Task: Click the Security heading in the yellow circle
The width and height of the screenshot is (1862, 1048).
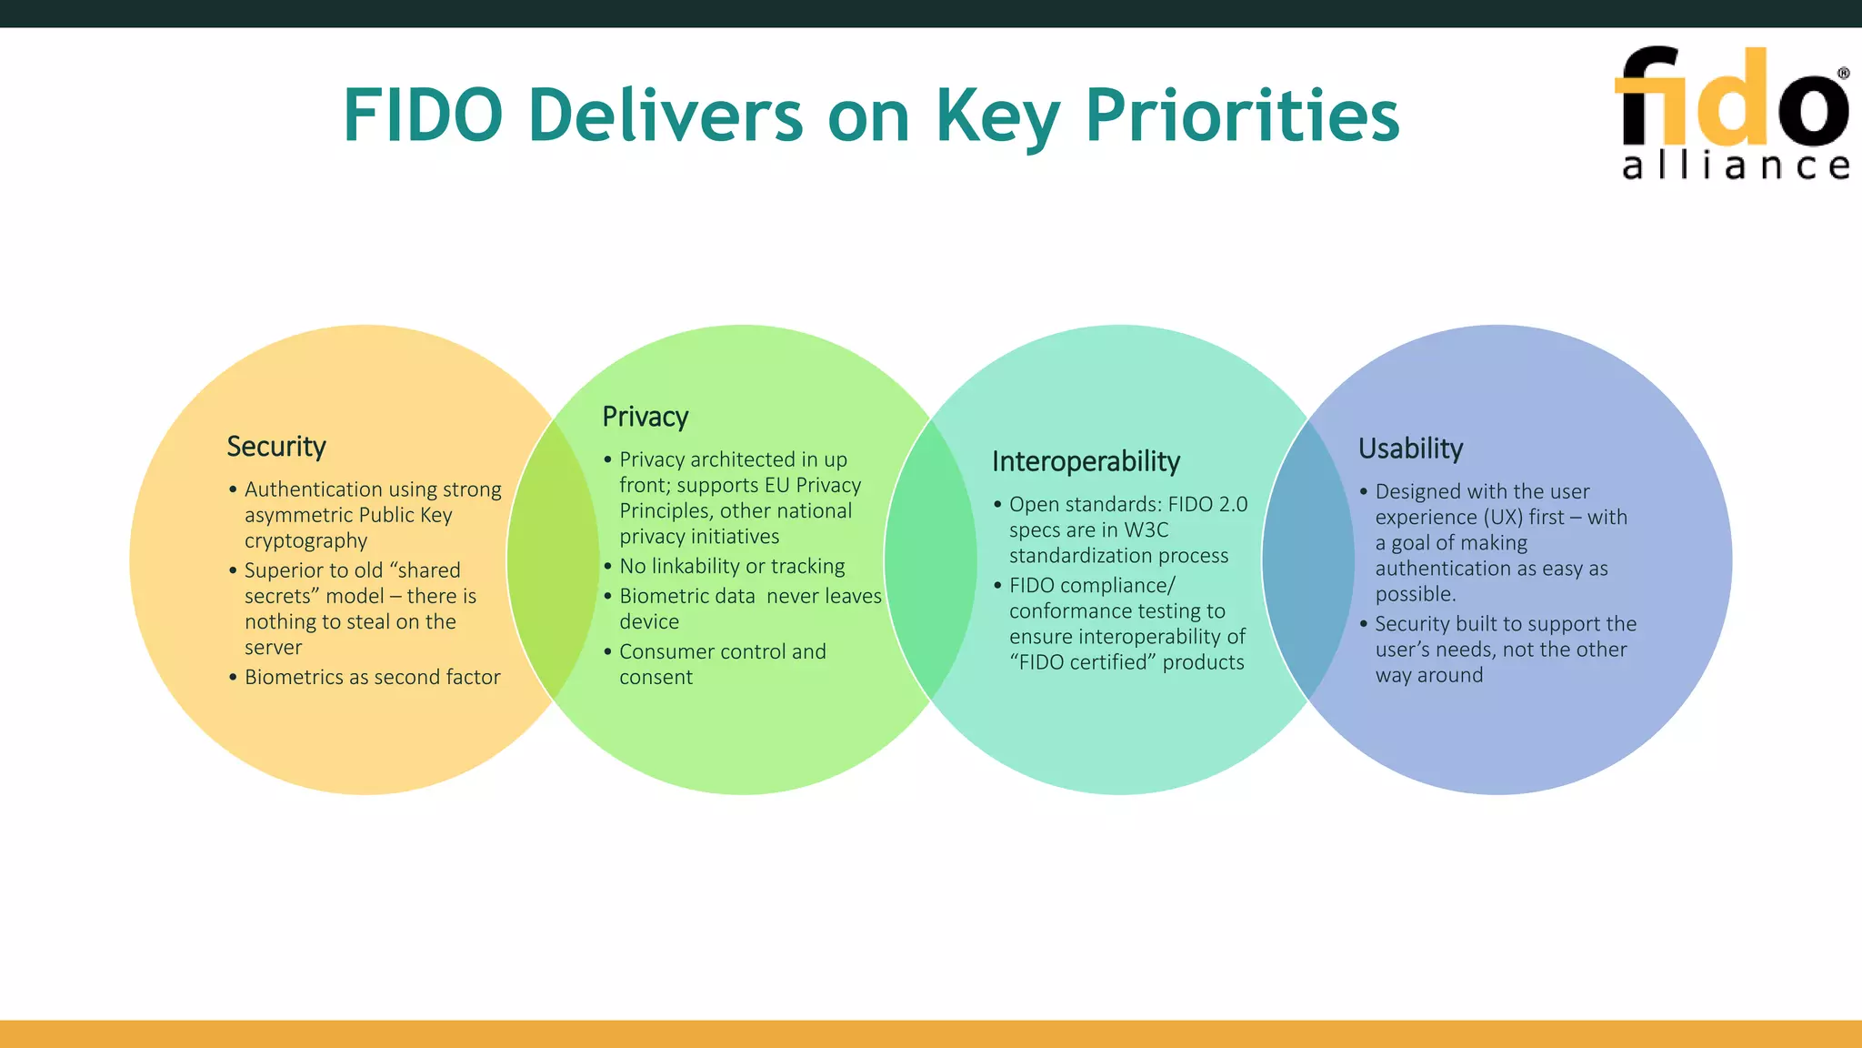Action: click(x=275, y=447)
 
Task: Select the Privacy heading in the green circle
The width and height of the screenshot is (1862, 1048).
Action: click(x=645, y=417)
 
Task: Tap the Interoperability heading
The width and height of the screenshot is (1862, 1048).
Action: click(x=1086, y=461)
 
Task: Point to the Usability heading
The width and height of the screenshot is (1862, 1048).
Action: click(x=1410, y=448)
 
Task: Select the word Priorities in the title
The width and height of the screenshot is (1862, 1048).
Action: click(x=1242, y=116)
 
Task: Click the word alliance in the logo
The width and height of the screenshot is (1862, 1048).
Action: click(x=1735, y=166)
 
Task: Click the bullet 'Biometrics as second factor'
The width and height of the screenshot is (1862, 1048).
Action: click(x=372, y=677)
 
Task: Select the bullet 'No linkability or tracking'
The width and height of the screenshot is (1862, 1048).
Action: click(x=732, y=566)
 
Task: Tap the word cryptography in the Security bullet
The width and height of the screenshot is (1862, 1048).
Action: click(x=305, y=540)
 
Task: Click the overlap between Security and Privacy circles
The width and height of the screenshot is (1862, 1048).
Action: click(x=553, y=559)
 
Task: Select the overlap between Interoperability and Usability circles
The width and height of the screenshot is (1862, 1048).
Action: click(x=1308, y=559)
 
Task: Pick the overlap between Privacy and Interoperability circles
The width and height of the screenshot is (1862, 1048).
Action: click(x=930, y=559)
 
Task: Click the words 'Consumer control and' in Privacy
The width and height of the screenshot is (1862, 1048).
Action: click(x=722, y=651)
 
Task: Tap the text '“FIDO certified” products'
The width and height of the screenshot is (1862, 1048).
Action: click(x=1126, y=662)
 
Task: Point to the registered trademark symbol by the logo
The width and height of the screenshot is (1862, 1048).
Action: click(x=1843, y=74)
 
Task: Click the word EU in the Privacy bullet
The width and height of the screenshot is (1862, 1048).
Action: click(x=776, y=485)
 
